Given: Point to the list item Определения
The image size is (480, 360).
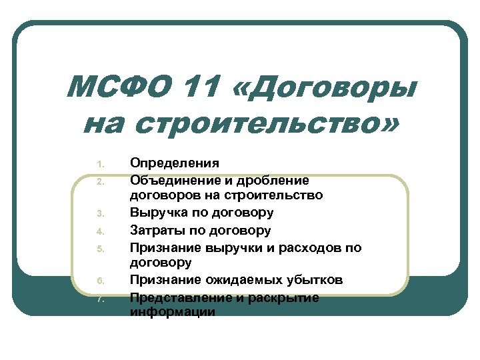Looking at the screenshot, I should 174,163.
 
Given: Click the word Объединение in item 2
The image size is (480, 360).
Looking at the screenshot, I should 177,180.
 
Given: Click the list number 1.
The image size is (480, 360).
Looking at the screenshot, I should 98,164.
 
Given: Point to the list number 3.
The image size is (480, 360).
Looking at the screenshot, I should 98,215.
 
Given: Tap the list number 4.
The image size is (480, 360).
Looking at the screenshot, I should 98,232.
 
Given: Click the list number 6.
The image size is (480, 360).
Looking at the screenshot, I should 98,281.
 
